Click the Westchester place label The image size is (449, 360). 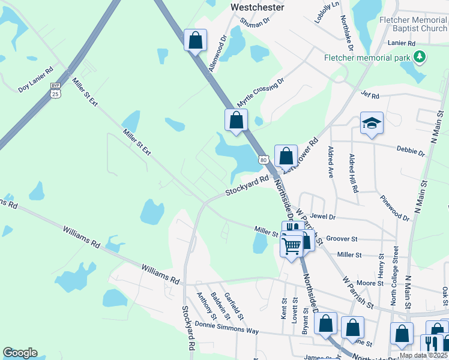coord(258,8)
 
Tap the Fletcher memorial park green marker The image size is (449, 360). coord(420,58)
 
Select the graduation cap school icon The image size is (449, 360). coord(372,124)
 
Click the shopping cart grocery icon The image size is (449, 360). coord(292,245)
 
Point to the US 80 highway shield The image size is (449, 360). coord(264,160)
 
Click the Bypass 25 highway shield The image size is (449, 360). coord(55,90)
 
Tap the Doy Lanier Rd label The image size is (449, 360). coord(36,80)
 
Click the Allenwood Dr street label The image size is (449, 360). coord(217,53)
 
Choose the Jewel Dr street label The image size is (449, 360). coord(323,217)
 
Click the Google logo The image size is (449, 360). coord(20,353)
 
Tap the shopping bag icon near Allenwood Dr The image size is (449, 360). coord(195,40)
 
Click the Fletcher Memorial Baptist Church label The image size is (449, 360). coord(413,24)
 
